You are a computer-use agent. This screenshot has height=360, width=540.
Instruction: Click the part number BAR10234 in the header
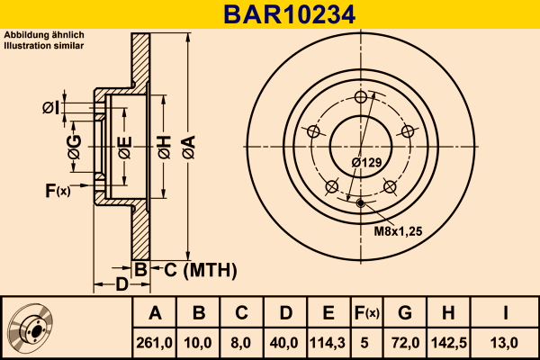tap(289, 14)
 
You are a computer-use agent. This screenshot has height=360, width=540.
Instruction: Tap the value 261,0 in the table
tap(154, 343)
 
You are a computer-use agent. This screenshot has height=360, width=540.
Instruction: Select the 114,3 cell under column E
tap(328, 343)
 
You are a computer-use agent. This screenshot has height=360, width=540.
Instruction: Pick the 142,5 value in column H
tap(449, 343)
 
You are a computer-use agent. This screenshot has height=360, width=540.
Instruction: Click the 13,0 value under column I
tap(505, 343)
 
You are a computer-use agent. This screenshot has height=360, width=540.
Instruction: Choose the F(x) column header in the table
tap(367, 313)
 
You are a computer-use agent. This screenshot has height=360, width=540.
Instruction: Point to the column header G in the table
tap(405, 313)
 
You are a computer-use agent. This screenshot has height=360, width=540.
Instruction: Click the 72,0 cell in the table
tap(405, 343)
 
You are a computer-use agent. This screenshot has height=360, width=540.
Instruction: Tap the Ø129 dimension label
tap(367, 162)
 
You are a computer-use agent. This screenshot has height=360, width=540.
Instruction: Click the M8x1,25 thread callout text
tap(398, 231)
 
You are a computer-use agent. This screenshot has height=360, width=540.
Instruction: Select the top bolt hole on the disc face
tap(361, 97)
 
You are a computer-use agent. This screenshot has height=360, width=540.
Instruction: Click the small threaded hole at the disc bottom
tap(361, 203)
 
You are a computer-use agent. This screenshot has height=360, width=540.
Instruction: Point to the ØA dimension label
tap(189, 147)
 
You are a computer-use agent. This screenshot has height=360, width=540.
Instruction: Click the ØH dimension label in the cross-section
tap(165, 147)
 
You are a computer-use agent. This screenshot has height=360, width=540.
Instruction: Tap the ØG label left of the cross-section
tap(75, 147)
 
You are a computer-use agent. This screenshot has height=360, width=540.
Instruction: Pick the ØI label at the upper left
tap(50, 107)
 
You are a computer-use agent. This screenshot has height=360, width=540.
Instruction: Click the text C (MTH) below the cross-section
tap(201, 270)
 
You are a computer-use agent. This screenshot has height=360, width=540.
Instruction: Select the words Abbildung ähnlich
tap(44, 35)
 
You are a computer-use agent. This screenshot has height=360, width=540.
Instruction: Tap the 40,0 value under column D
tap(284, 343)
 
